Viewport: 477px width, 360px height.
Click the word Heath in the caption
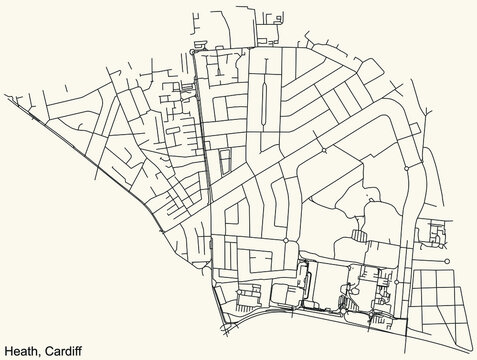pyautogui.click(x=21, y=349)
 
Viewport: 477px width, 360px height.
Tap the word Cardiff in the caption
pyautogui.click(x=63, y=349)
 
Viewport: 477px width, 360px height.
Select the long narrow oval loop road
pyautogui.click(x=264, y=101)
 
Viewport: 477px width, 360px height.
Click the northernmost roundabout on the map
pyautogui.click(x=191, y=51)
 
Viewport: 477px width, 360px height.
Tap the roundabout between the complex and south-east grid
pyautogui.click(x=396, y=283)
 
